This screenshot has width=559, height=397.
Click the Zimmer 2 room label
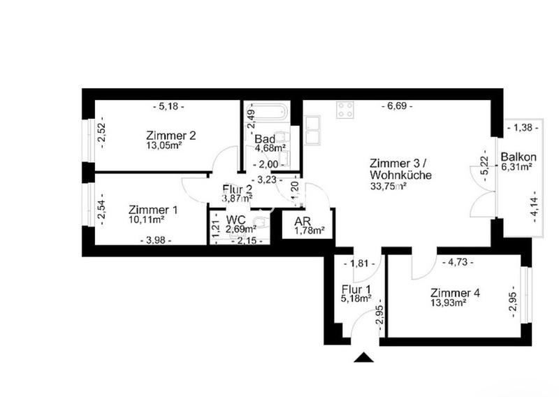[170, 136]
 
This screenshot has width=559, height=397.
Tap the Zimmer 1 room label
[153, 210]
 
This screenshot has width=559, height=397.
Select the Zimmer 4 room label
[455, 293]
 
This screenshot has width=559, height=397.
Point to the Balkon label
[518, 157]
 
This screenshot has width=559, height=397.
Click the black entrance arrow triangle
[363, 357]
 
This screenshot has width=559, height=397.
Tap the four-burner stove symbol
[345, 110]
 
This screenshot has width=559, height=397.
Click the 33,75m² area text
[389, 186]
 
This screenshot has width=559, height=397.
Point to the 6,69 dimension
[397, 106]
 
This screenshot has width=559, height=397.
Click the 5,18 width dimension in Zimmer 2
[168, 106]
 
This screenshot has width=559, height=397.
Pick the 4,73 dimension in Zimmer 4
[458, 263]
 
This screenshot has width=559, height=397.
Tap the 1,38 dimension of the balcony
[522, 127]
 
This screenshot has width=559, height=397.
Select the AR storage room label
[303, 221]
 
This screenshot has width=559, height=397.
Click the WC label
[235, 219]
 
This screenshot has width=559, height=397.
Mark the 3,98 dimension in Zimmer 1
[156, 240]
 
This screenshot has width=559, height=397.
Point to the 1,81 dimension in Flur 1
[359, 264]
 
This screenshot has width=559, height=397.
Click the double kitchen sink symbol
[312, 130]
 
